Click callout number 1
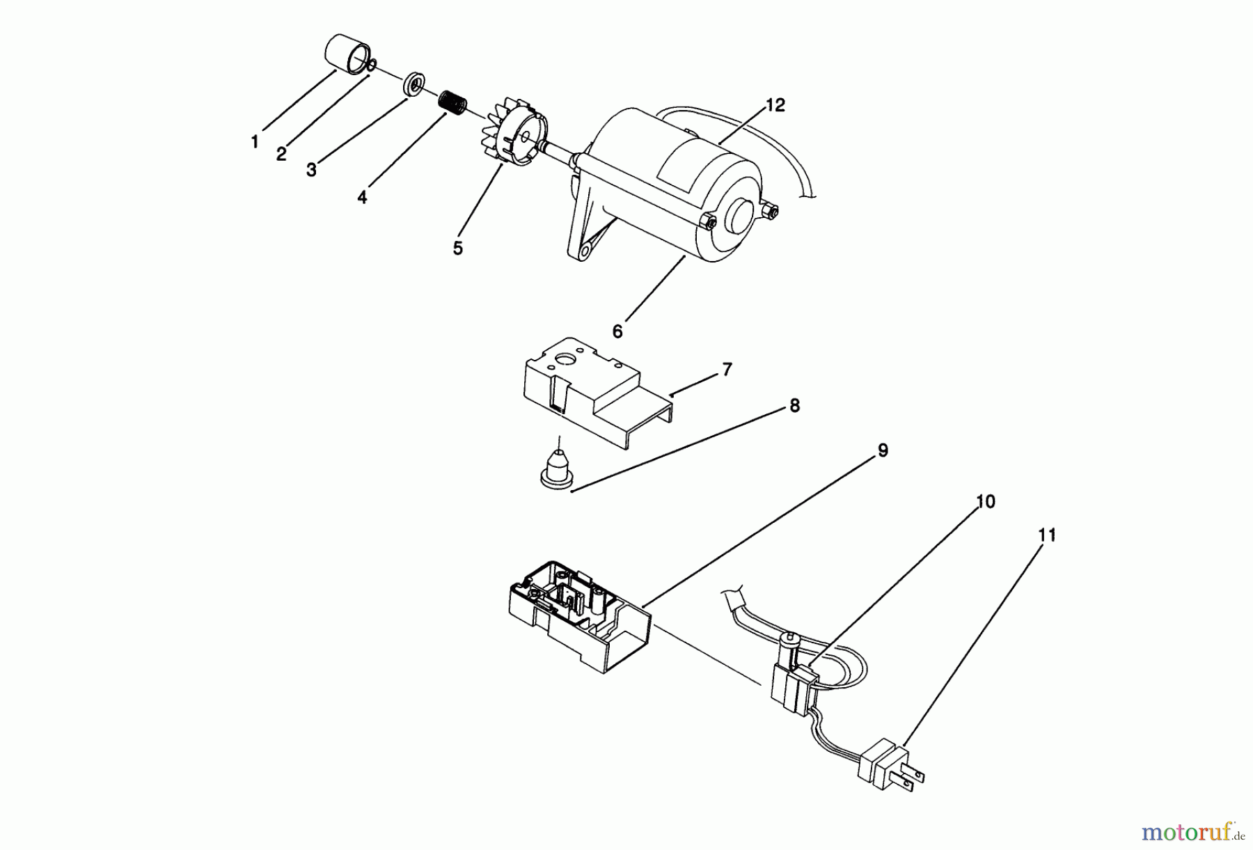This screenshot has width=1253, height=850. pyautogui.click(x=255, y=142)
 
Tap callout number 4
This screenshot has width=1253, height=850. pyautogui.click(x=362, y=197)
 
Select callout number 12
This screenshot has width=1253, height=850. pyautogui.click(x=775, y=105)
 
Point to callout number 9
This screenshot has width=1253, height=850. pyautogui.click(x=883, y=451)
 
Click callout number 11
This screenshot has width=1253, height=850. pyautogui.click(x=1046, y=535)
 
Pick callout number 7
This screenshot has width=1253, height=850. pyautogui.click(x=727, y=370)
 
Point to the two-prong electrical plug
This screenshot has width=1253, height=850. pyautogui.click(x=893, y=764)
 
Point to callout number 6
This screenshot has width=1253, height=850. pyautogui.click(x=617, y=332)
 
